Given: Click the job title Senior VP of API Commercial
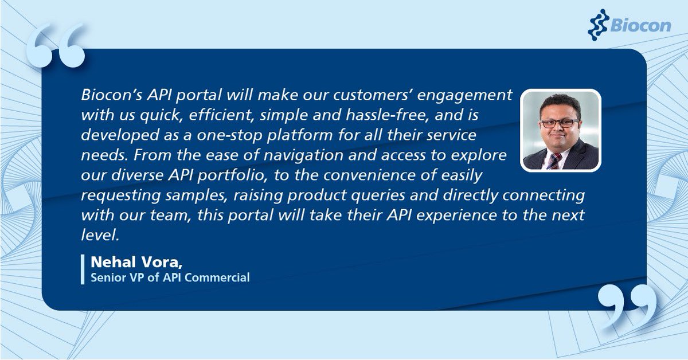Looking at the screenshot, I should pyautogui.click(x=170, y=278).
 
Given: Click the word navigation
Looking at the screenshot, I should pyautogui.click(x=295, y=155).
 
